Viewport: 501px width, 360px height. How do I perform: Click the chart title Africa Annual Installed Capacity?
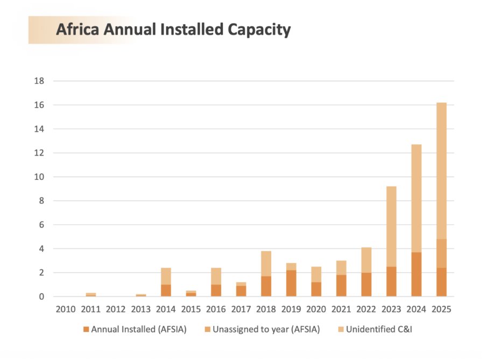[x=173, y=30]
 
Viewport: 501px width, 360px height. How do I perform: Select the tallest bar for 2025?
[x=441, y=199]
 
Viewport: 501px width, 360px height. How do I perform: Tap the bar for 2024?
[x=416, y=220]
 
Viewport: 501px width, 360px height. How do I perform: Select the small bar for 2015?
[x=191, y=293]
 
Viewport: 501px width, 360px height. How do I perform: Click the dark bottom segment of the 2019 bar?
[x=291, y=283]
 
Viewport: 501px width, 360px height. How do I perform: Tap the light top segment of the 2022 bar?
[x=366, y=260]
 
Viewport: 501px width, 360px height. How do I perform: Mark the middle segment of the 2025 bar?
[x=441, y=253]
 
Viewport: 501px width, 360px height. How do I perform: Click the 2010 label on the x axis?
[x=66, y=310]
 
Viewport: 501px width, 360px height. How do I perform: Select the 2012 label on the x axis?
[x=116, y=310]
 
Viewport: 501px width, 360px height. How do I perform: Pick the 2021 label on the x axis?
[x=341, y=310]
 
